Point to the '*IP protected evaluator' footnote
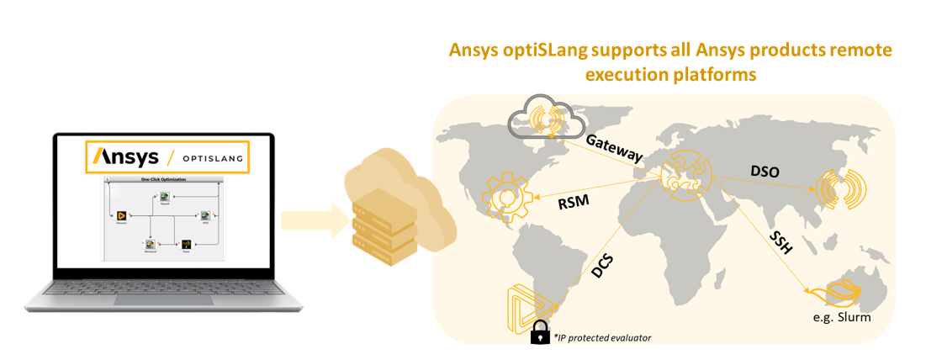point(602,337)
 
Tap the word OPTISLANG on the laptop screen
point(209,158)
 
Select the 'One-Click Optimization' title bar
point(164,179)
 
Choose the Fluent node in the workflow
point(186,244)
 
